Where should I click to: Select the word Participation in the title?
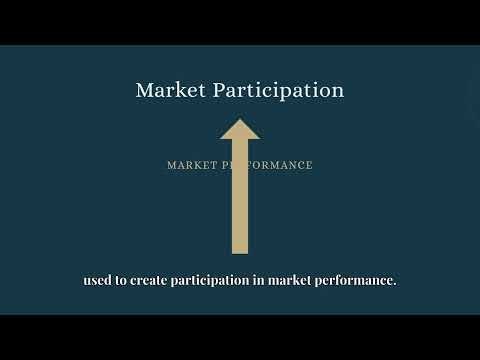(280, 91)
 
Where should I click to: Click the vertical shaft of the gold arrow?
(239, 200)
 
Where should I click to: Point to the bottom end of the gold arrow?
(239, 252)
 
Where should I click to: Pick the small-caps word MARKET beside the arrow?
(192, 165)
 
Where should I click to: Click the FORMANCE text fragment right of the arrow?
(280, 165)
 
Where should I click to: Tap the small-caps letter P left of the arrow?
(226, 165)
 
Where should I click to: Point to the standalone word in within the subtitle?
(257, 281)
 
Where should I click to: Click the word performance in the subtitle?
(354, 281)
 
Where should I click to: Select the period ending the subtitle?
(395, 285)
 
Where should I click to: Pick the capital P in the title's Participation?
(218, 90)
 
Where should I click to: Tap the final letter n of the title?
(338, 91)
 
